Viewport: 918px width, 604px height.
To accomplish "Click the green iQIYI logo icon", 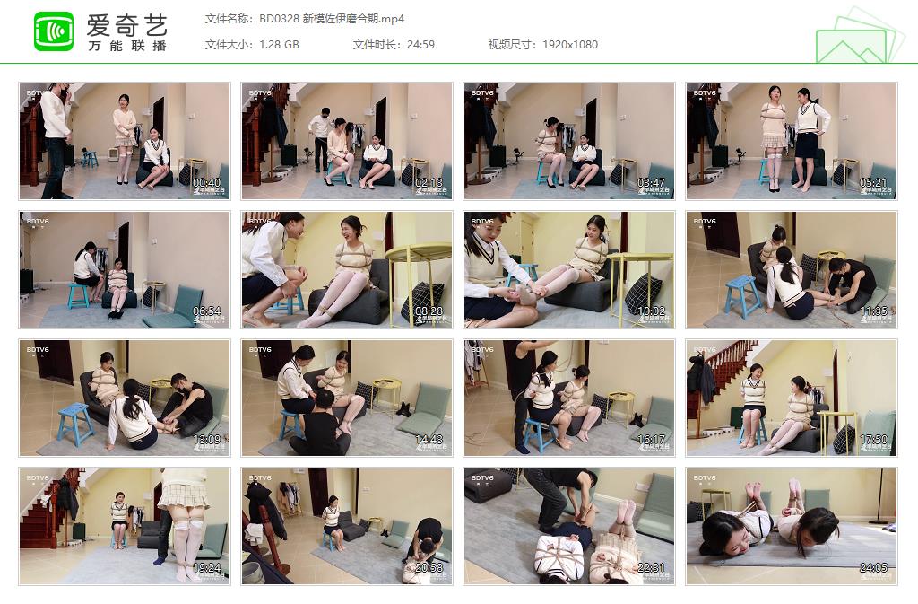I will coord(54,31).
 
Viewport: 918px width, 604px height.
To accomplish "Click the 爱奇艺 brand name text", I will coord(126,24).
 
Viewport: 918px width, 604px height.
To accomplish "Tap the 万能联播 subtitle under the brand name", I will coord(126,46).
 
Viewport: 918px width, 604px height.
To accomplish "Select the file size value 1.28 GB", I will coord(279,45).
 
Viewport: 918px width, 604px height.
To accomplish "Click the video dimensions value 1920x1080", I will coord(569,45).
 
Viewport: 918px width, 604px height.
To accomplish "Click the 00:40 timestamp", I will coord(206,183).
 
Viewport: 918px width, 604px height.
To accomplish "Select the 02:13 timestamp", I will coord(429,183).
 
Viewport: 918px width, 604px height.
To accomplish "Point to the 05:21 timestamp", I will coord(873,183).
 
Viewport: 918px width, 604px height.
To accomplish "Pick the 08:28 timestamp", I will coord(429,311).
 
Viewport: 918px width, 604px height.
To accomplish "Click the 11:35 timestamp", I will coord(873,311).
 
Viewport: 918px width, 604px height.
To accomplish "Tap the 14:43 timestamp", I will coord(429,440).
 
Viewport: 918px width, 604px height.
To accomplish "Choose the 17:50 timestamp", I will coord(873,440).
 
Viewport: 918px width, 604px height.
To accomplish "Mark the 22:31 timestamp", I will coord(651,568).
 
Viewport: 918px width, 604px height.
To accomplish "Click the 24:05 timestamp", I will coord(873,568).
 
